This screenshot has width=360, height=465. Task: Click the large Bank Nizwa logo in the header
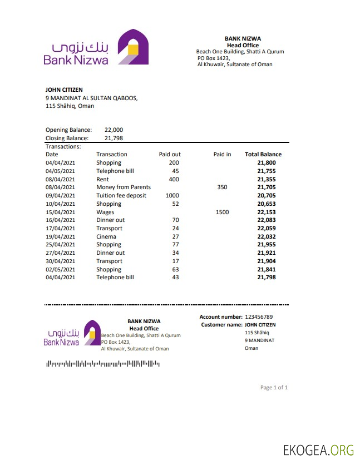(x=96, y=48)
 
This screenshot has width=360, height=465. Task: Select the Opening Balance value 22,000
(x=114, y=130)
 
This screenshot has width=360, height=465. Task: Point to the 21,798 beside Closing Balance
(x=114, y=138)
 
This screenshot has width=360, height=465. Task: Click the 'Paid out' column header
(x=170, y=154)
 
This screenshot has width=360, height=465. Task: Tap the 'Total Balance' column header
(x=263, y=154)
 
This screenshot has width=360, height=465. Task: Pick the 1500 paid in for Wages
(x=222, y=212)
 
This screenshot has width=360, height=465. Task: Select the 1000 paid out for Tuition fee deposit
(x=172, y=195)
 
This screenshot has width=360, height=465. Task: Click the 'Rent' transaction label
(x=102, y=179)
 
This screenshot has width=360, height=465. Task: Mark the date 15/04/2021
(x=60, y=212)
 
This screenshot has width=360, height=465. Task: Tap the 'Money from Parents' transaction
(x=124, y=187)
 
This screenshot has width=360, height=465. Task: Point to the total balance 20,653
(x=267, y=204)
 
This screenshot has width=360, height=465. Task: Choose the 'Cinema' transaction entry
(x=106, y=236)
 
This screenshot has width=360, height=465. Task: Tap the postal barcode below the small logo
(x=102, y=364)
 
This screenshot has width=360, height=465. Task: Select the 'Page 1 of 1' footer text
(x=274, y=387)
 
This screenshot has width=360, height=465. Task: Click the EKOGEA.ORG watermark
(x=318, y=449)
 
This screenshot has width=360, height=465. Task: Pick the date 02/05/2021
(x=60, y=269)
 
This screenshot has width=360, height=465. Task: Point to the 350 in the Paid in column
(x=222, y=187)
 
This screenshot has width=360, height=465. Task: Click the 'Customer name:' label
(x=221, y=324)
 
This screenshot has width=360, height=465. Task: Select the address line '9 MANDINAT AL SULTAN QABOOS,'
(x=91, y=98)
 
